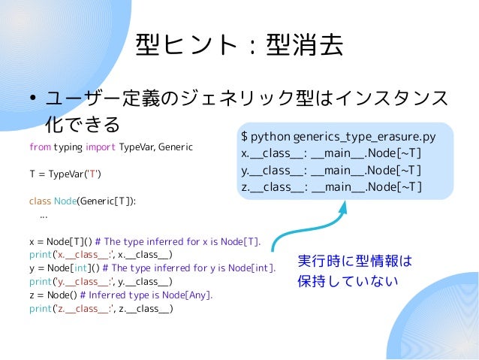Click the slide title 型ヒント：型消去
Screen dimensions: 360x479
[x=239, y=46]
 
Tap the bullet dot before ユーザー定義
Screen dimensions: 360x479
[x=33, y=99]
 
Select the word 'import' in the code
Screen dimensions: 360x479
[x=101, y=146]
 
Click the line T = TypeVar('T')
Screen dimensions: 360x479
[x=65, y=174]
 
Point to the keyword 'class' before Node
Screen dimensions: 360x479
[x=39, y=201]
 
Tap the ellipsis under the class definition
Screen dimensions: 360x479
[x=44, y=215]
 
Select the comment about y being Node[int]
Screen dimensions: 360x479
[x=188, y=268]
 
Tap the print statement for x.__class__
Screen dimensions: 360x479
[x=101, y=255]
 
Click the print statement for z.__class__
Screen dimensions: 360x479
[x=101, y=308]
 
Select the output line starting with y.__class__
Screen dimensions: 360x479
[x=331, y=171]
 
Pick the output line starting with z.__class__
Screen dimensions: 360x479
[x=331, y=187]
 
